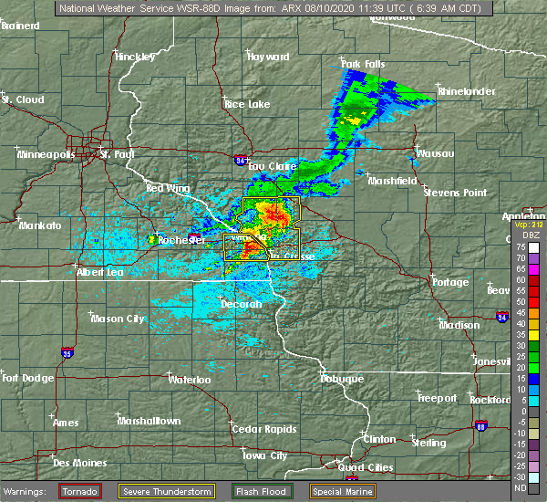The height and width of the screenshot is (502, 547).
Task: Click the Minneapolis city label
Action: (x=46, y=155)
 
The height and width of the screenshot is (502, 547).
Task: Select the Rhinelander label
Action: (x=464, y=92)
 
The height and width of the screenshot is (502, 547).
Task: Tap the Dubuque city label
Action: (x=342, y=379)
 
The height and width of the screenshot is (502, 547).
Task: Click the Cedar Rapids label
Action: (x=258, y=429)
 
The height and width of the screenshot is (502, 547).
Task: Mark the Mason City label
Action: (x=118, y=319)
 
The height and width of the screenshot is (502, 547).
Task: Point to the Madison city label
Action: (x=459, y=326)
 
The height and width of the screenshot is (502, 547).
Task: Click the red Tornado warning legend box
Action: (x=81, y=491)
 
